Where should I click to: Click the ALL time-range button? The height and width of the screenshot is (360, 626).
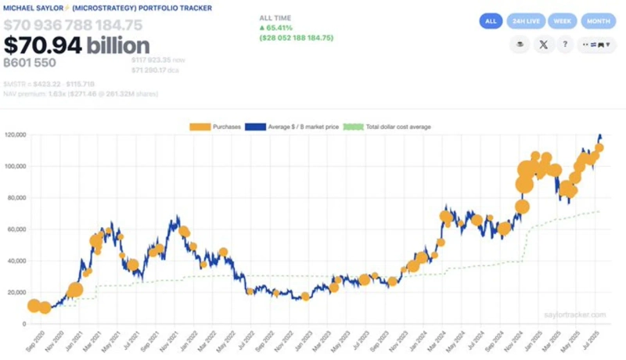pyautogui.click(x=491, y=21)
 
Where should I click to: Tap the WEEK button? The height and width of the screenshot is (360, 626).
pyautogui.click(x=562, y=21)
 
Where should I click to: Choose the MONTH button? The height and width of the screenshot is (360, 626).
pyautogui.click(x=598, y=21)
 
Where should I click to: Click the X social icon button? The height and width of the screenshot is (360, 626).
pyautogui.click(x=542, y=45)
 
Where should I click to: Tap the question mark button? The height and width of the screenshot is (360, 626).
pyautogui.click(x=564, y=45)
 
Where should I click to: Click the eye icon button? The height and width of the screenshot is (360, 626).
pyautogui.click(x=519, y=45)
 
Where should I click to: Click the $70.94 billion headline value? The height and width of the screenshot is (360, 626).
pyautogui.click(x=77, y=45)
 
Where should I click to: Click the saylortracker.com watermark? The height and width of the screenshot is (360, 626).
pyautogui.click(x=575, y=315)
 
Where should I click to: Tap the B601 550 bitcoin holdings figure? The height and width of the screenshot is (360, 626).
pyautogui.click(x=30, y=63)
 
